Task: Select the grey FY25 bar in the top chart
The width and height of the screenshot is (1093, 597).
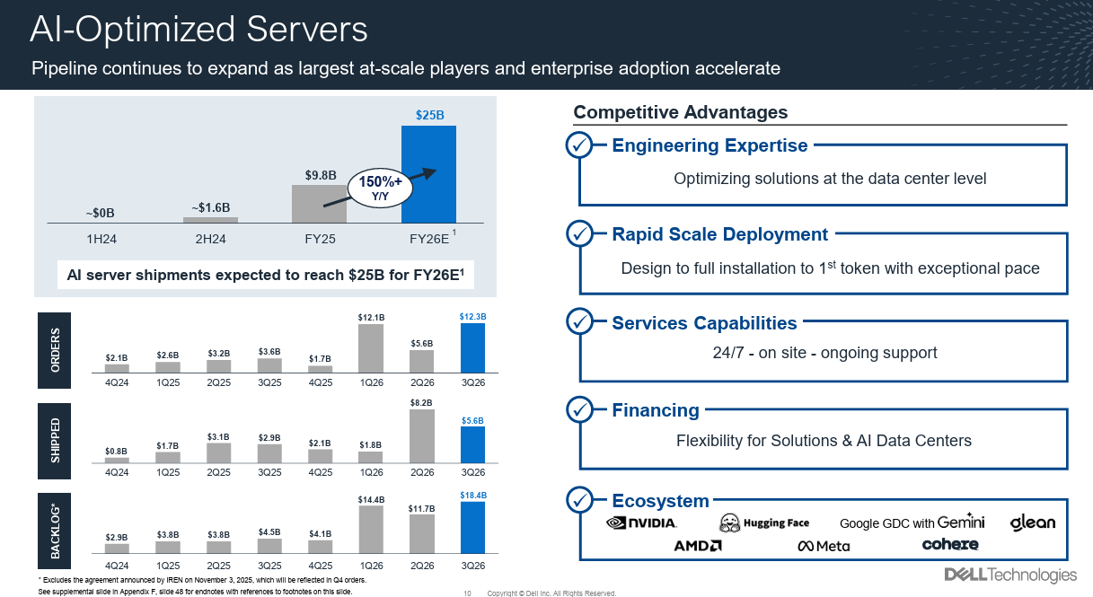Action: [x=321, y=204]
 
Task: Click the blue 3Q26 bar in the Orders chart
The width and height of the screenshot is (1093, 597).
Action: [x=472, y=348]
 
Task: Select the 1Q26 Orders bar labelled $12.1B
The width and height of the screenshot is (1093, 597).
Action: [x=371, y=348]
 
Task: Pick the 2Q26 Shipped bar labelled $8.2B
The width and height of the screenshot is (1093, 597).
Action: [x=422, y=436]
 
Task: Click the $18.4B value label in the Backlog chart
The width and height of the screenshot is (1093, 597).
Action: [x=473, y=496]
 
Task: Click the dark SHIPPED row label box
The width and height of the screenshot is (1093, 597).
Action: [x=55, y=441]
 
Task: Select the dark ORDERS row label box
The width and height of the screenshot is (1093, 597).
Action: [x=55, y=351]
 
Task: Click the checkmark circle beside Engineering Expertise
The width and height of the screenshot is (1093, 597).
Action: [x=580, y=145]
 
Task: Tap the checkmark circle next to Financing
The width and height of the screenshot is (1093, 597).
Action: [x=580, y=410]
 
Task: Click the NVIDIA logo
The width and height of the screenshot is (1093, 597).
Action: [x=642, y=522]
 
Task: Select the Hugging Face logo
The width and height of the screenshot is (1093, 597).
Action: [x=764, y=522]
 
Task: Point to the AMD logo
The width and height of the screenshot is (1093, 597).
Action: [x=697, y=546]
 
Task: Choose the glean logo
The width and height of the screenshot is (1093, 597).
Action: [x=1033, y=522]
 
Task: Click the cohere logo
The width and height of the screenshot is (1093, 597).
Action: [x=950, y=544]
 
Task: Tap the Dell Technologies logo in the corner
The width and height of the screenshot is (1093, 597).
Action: [x=1009, y=575]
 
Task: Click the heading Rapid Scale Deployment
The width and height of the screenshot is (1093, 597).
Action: [x=719, y=234]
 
